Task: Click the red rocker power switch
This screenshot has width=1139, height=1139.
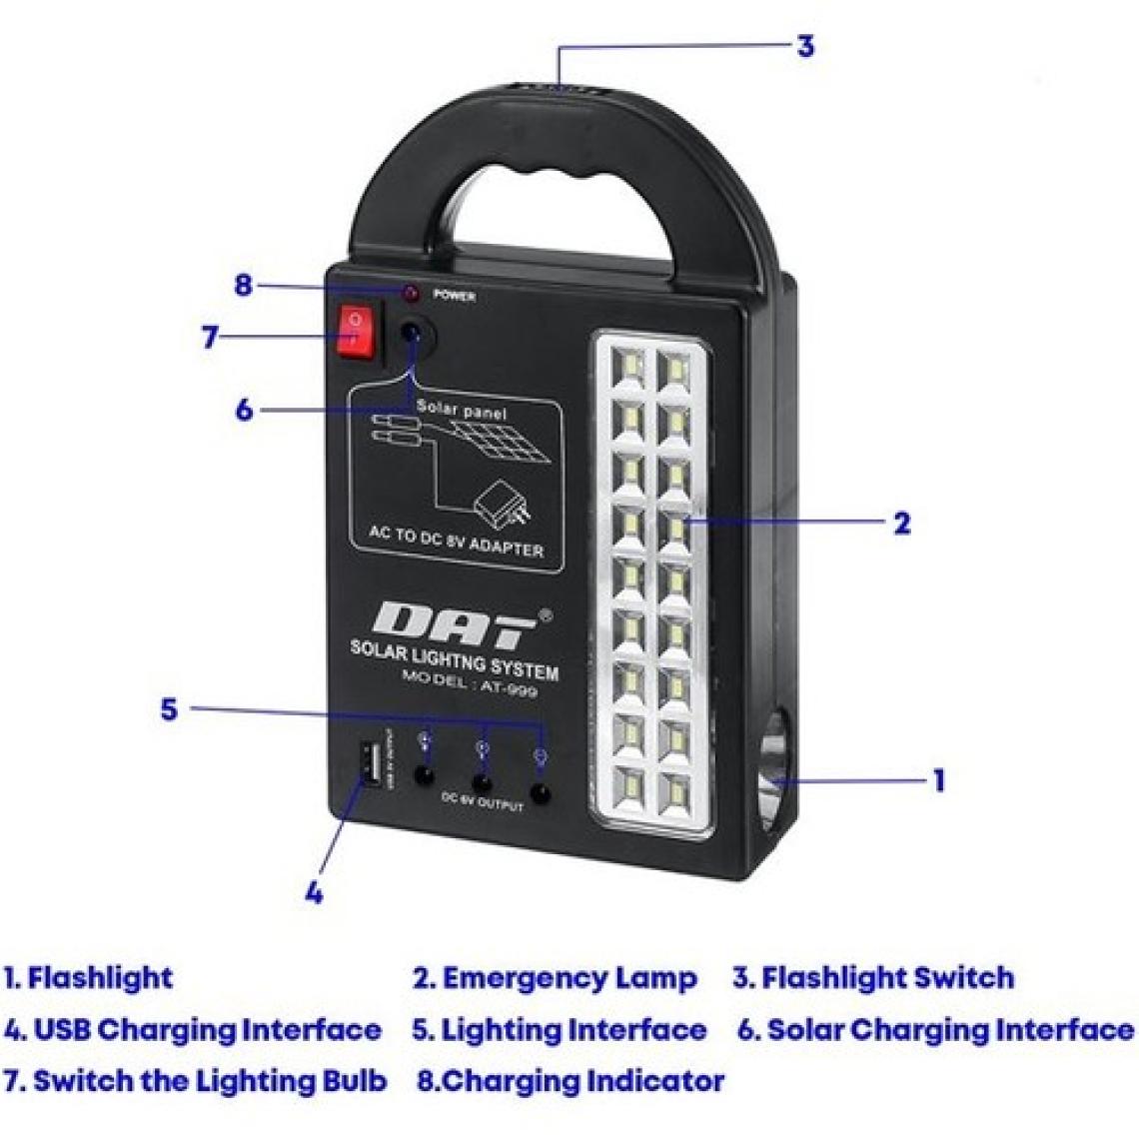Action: (359, 332)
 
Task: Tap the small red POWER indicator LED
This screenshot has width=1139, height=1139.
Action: (409, 294)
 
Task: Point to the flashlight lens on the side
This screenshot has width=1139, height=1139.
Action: (775, 775)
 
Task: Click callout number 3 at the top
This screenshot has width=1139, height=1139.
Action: (805, 45)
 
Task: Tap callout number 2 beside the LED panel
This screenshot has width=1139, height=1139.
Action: (901, 523)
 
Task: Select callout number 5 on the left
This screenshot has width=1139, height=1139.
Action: (169, 709)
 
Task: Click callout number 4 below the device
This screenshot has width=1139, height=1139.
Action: (314, 892)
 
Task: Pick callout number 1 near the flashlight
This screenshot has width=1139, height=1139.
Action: (938, 779)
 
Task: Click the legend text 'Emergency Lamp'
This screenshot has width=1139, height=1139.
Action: (569, 977)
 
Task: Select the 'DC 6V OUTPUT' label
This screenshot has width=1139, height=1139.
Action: (482, 801)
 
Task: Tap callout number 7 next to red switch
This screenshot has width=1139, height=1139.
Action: (209, 338)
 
